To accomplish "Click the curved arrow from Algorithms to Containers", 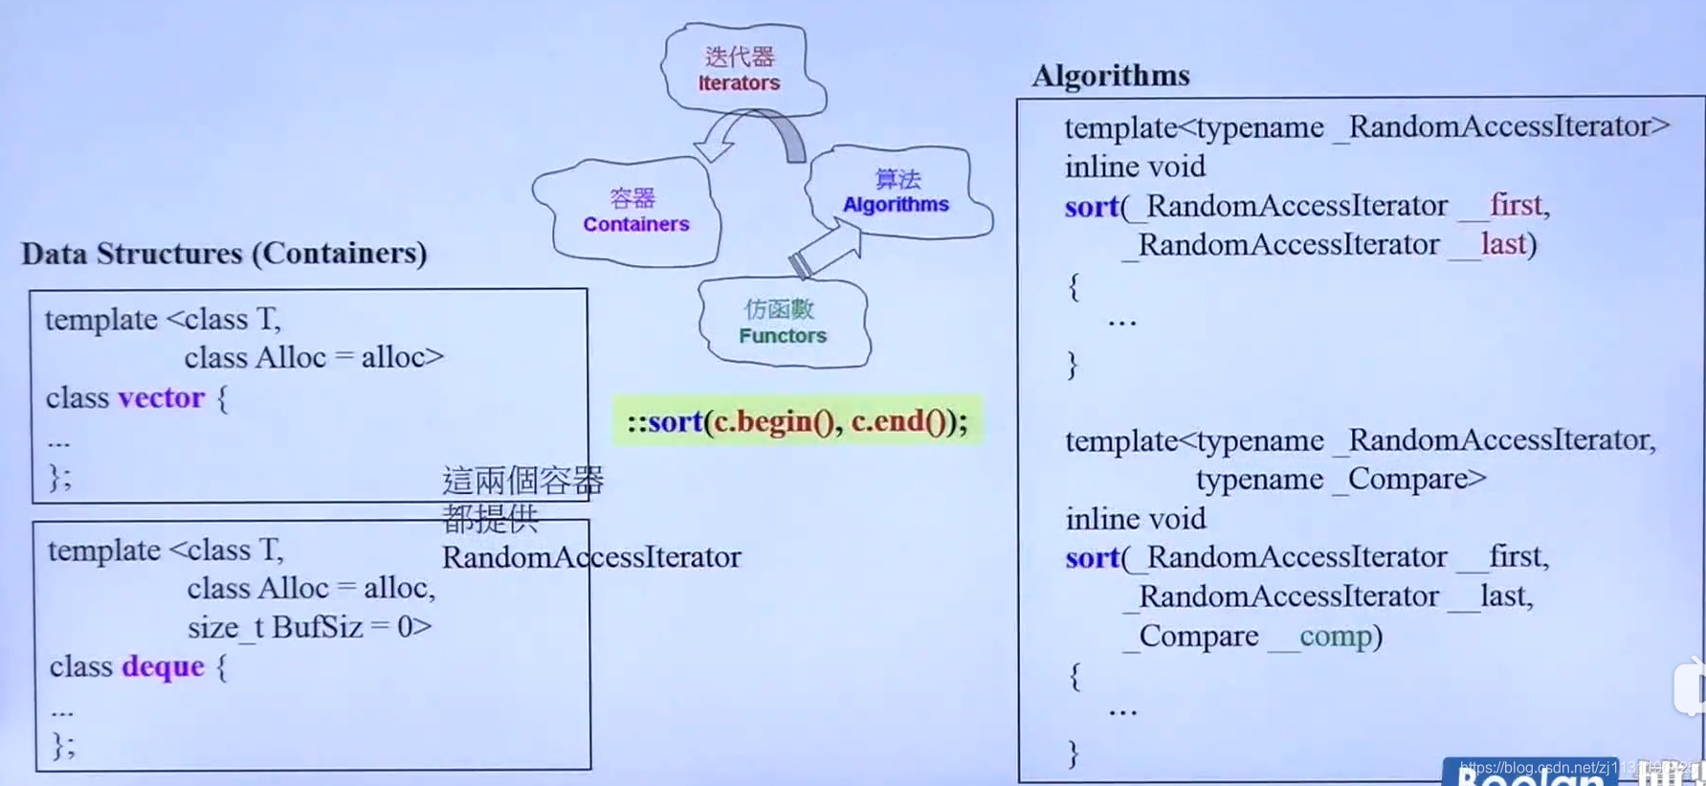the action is pos(752,134).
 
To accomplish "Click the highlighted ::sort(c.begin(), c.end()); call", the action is pos(797,421).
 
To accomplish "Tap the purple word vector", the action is pos(161,397).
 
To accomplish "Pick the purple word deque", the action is pos(163,666).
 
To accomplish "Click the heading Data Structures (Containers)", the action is pos(224,254).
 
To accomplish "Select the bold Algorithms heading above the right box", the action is pos(1110,76).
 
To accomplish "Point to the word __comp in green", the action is pos(1324,636).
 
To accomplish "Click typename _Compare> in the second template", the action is pos(1340,479).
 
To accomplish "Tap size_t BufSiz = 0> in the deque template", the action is pos(309,627).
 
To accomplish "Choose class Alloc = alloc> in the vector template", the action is pos(314,357).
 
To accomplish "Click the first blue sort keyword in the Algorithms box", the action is pos(1091,206).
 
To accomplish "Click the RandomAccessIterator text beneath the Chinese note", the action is pos(590,557).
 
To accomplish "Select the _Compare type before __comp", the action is pos(1191,636).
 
